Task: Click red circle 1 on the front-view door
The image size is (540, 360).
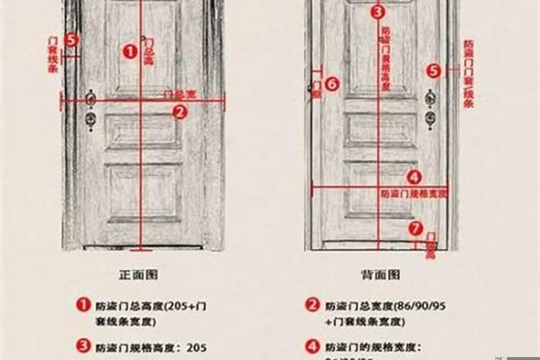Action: (130, 50)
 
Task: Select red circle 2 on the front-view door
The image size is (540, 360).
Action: (180, 112)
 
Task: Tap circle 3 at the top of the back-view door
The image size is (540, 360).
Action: (378, 12)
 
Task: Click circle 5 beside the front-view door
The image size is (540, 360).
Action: (71, 40)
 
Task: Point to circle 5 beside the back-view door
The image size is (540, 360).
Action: (433, 71)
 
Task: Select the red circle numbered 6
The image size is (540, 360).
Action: (331, 84)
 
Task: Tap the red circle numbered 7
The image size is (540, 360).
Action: (415, 228)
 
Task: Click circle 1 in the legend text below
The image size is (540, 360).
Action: (84, 305)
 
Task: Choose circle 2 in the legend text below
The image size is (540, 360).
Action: (312, 305)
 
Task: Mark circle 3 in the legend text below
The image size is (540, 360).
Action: (84, 346)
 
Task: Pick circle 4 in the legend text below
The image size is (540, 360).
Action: (312, 346)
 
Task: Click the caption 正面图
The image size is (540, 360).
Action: (138, 274)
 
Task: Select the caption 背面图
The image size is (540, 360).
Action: (380, 274)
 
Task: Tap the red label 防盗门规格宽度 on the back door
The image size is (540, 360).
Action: (414, 194)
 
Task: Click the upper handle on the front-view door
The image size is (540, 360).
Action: (91, 96)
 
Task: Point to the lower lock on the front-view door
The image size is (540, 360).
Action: (91, 117)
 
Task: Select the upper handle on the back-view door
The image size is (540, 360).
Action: (430, 95)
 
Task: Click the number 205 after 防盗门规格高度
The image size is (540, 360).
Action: (197, 347)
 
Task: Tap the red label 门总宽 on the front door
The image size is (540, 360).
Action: (180, 94)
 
